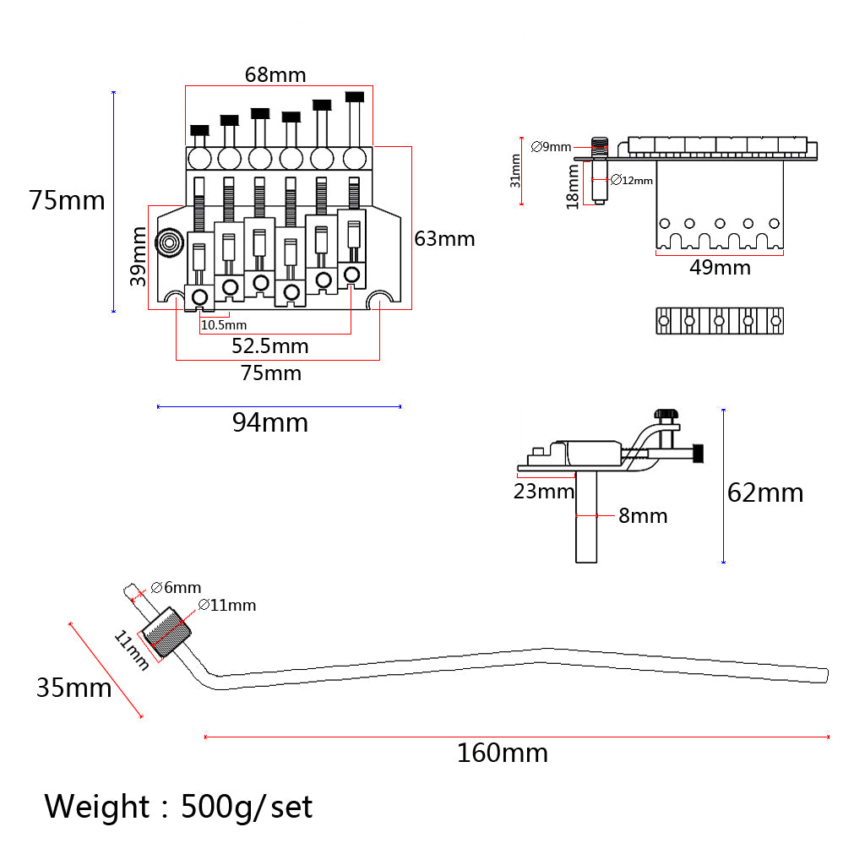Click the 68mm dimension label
click(x=275, y=74)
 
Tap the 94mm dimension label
click(x=270, y=422)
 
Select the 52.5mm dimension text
click(x=270, y=345)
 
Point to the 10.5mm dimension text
click(x=224, y=325)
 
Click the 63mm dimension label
click(x=444, y=239)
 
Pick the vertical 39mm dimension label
click(x=139, y=257)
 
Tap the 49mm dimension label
click(x=720, y=268)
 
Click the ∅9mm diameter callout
click(x=552, y=147)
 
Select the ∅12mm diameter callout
click(x=632, y=180)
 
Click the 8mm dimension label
click(x=643, y=515)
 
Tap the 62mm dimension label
click(x=765, y=492)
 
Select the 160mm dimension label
click(x=503, y=752)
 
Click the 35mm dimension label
click(x=73, y=688)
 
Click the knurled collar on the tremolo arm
click(x=167, y=633)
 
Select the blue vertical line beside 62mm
click(x=724, y=486)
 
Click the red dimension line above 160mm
click(x=517, y=737)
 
